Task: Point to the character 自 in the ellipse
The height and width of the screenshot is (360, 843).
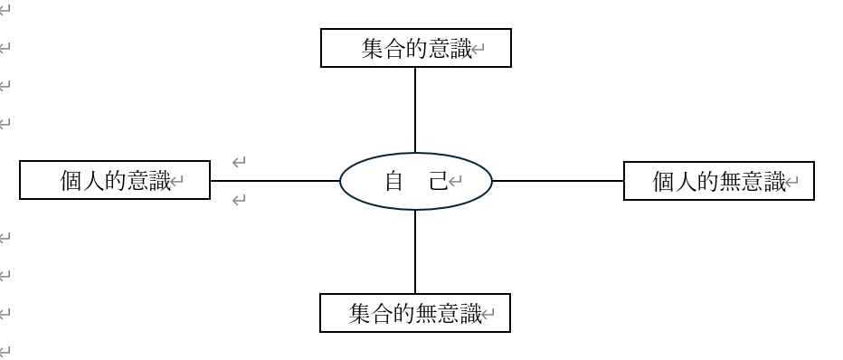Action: pyautogui.click(x=394, y=181)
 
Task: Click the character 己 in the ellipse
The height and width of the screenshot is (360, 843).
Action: pyautogui.click(x=439, y=181)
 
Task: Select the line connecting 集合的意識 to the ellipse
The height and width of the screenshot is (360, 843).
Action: pyautogui.click(x=415, y=110)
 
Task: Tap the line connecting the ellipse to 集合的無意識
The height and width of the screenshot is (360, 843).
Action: pyautogui.click(x=415, y=252)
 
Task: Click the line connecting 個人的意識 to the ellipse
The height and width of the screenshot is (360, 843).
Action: pyautogui.click(x=275, y=181)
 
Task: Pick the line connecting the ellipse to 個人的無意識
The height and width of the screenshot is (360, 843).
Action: pyautogui.click(x=558, y=181)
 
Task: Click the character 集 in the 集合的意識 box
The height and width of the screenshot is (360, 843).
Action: pyautogui.click(x=373, y=49)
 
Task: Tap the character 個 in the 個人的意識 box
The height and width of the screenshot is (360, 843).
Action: pyautogui.click(x=71, y=181)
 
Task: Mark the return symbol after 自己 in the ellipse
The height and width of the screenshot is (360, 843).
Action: pyautogui.click(x=455, y=182)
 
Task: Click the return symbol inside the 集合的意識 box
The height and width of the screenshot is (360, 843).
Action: pyautogui.click(x=478, y=50)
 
